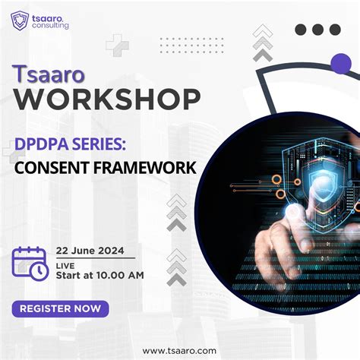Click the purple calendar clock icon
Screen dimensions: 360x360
(x=30, y=261)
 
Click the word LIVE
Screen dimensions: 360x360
(x=65, y=263)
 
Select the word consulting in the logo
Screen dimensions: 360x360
(x=50, y=25)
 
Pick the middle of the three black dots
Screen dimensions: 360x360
(x=317, y=30)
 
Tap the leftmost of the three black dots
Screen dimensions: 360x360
(x=300, y=30)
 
